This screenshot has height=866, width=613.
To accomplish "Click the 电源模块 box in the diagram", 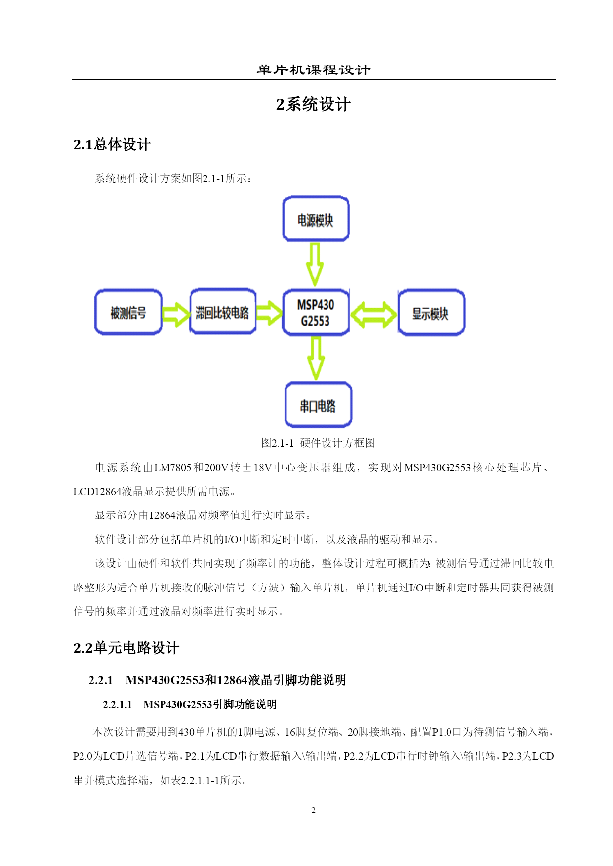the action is pyautogui.click(x=316, y=219).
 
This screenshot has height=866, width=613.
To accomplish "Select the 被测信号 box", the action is pyautogui.click(x=128, y=312).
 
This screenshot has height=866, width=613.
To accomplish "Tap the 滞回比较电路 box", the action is pyautogui.click(x=223, y=311).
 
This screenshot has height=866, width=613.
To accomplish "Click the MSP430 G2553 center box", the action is pyautogui.click(x=316, y=313).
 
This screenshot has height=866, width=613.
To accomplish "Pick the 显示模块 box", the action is pyautogui.click(x=431, y=313).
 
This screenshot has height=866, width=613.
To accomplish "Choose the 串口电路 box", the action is pyautogui.click(x=318, y=405).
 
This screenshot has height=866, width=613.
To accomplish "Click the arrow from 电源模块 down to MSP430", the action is pyautogui.click(x=315, y=264).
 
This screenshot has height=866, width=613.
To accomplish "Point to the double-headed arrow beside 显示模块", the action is pyautogui.click(x=373, y=315).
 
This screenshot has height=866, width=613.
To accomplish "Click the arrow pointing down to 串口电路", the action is pyautogui.click(x=316, y=358).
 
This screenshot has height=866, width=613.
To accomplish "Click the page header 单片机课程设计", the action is pyautogui.click(x=314, y=70).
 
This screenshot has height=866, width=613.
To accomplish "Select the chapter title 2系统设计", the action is pyautogui.click(x=313, y=104).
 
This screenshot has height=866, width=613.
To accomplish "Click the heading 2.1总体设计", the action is pyautogui.click(x=112, y=144).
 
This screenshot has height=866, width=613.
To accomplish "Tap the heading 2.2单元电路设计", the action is pyautogui.click(x=126, y=648).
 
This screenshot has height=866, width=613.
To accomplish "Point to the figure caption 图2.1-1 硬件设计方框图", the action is pyautogui.click(x=318, y=443).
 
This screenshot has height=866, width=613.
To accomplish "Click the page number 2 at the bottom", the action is pyautogui.click(x=313, y=810).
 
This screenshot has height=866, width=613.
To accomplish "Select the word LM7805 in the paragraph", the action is pyautogui.click(x=172, y=467).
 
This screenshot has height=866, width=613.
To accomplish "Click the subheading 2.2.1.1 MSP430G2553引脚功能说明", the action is pyautogui.click(x=189, y=704).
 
